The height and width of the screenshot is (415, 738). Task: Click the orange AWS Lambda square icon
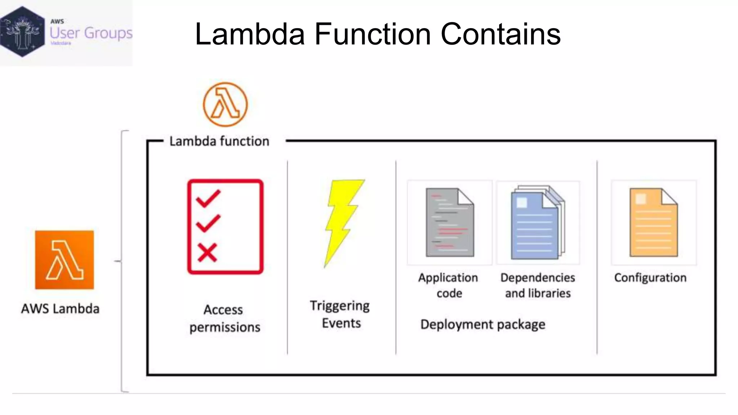[x=64, y=260]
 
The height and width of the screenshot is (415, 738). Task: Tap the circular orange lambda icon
[x=225, y=104]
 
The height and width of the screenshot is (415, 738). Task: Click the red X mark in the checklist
[x=207, y=252]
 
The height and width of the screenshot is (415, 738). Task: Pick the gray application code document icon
[x=449, y=222]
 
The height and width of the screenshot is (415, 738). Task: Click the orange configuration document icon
[x=653, y=222]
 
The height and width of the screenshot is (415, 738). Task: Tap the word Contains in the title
[x=501, y=34]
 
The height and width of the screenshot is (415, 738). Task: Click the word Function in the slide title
[x=373, y=34]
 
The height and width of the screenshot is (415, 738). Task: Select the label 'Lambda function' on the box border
[x=219, y=141]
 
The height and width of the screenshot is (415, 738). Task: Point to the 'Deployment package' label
[x=483, y=325]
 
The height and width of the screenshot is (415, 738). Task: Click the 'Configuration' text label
[x=650, y=278]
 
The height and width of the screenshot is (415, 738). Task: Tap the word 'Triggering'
[x=339, y=306]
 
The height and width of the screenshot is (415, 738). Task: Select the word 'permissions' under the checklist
[x=225, y=327]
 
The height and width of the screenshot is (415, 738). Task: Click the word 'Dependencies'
[x=538, y=278]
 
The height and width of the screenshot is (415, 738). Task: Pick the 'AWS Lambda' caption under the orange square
[x=60, y=309]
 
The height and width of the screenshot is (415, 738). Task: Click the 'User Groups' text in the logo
[x=91, y=33]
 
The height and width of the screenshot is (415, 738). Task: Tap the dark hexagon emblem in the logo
[x=22, y=32]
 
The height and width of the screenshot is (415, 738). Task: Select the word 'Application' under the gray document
[x=448, y=278]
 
